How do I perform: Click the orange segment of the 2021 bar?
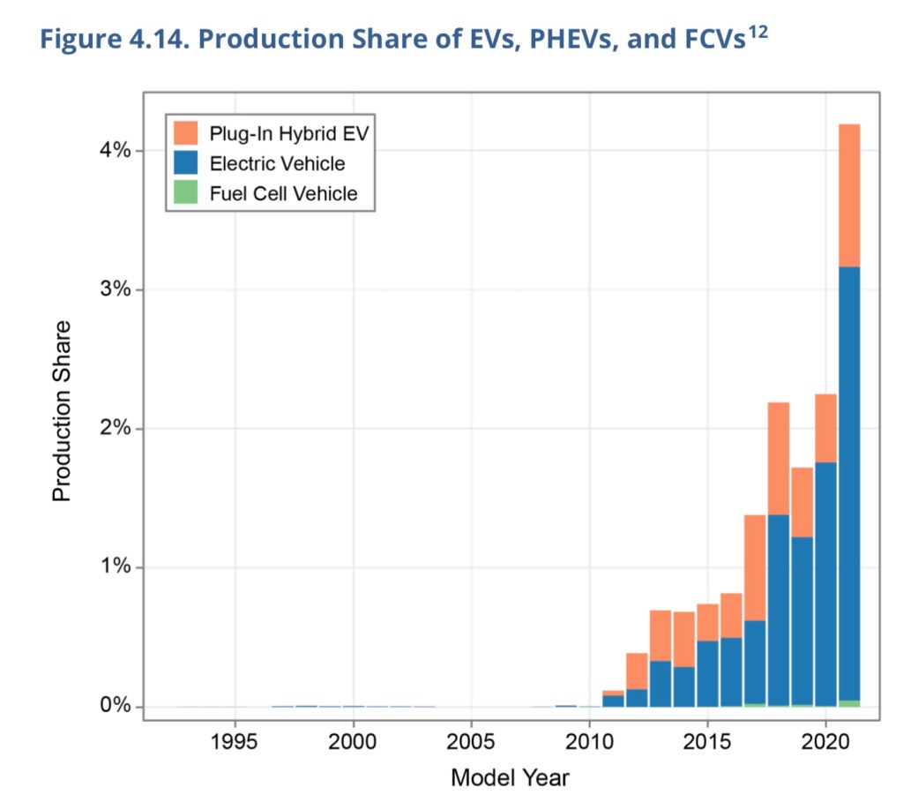(849, 195)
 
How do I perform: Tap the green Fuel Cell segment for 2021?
(849, 703)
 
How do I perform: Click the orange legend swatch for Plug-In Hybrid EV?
(185, 133)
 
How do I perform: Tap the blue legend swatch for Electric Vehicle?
(185, 163)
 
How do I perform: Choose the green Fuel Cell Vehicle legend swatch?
(185, 193)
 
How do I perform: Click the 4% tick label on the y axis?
(115, 151)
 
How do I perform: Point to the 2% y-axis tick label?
(115, 429)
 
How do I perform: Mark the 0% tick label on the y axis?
(115, 707)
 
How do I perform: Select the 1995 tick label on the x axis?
(235, 739)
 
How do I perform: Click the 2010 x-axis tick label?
(589, 739)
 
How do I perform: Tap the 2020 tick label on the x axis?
(825, 739)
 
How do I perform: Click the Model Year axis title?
(510, 777)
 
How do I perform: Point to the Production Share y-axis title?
(62, 411)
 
